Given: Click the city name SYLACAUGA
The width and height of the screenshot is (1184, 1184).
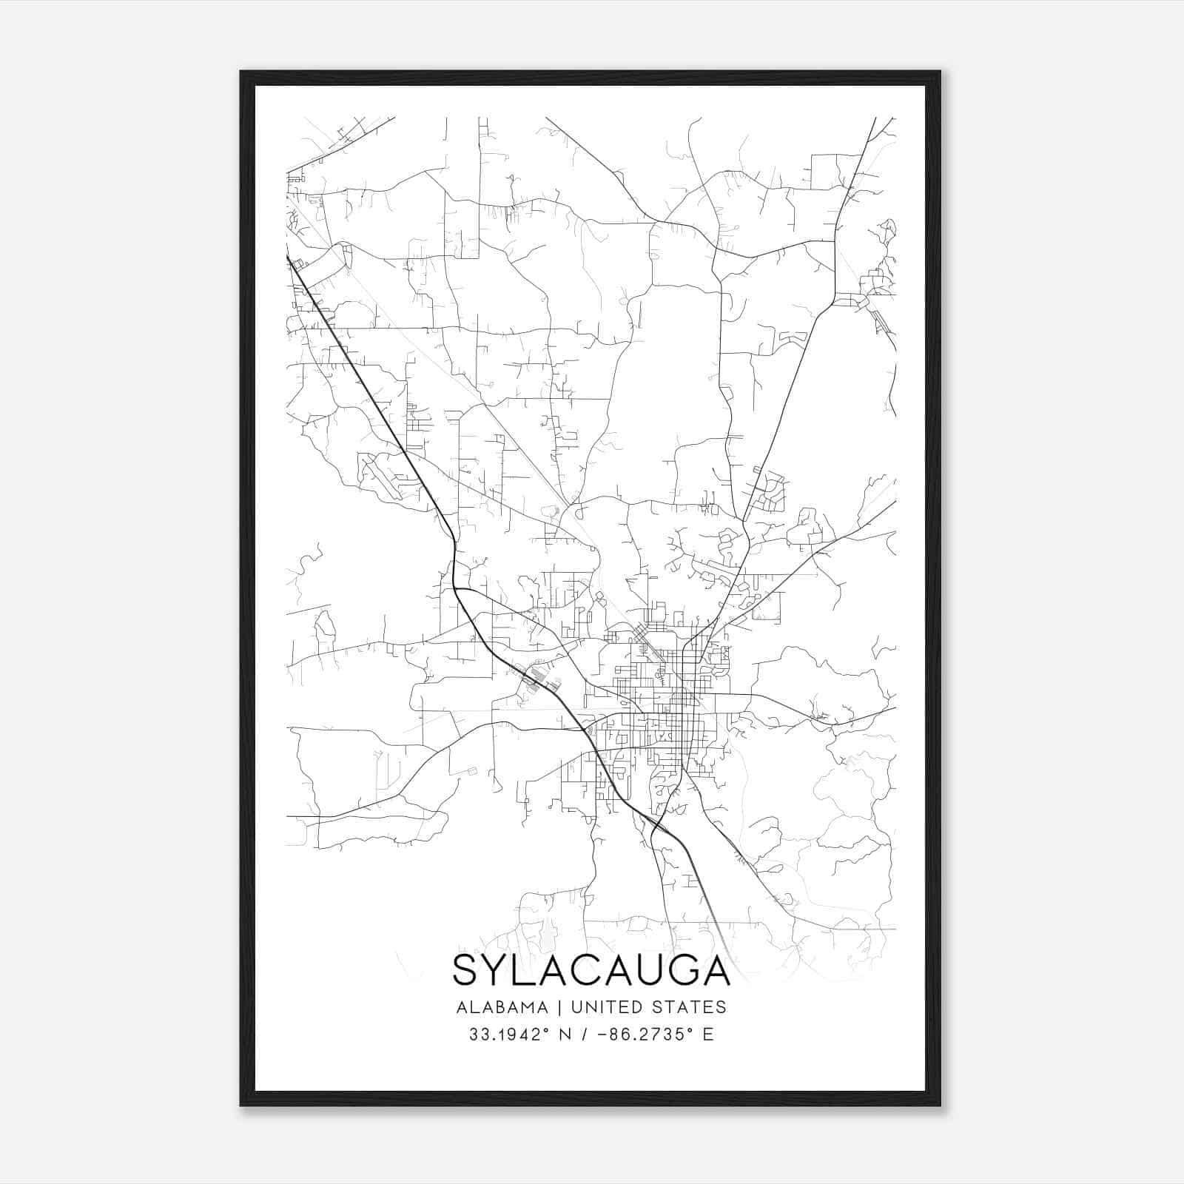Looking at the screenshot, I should (x=591, y=970).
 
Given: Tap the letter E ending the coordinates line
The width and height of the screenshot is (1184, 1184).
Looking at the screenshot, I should (x=709, y=1035).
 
